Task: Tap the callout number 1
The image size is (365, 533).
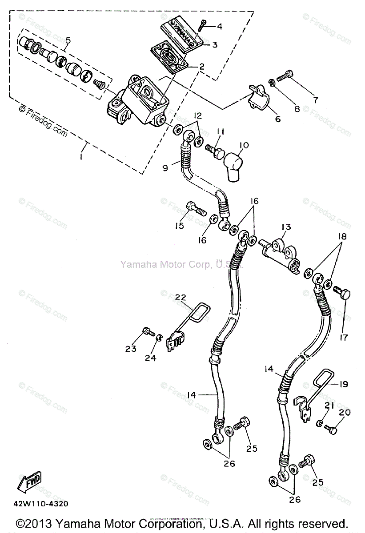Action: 81,157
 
